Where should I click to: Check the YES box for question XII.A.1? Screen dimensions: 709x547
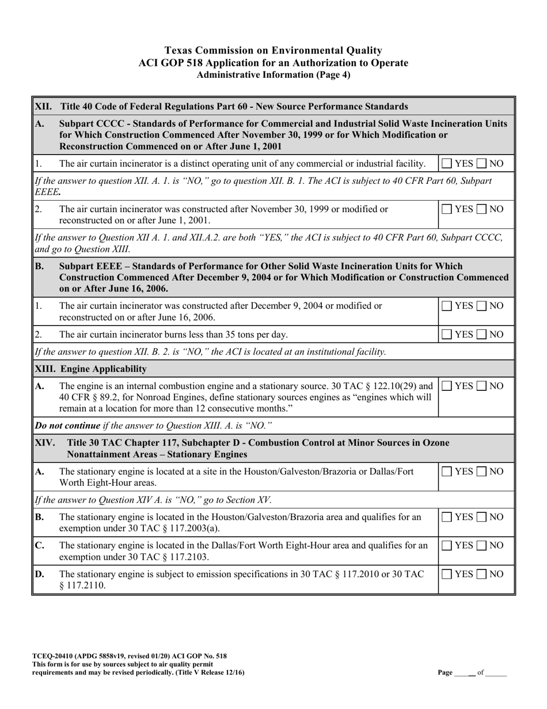click(447, 164)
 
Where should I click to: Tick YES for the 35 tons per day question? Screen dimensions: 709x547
click(447, 334)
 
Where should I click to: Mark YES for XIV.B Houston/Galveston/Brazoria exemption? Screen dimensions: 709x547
click(447, 517)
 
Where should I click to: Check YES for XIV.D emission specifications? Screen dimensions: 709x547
click(447, 574)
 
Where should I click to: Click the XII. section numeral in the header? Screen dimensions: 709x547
click(43, 107)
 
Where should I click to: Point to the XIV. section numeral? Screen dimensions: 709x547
click(45, 443)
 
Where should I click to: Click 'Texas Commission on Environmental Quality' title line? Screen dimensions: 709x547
click(273, 51)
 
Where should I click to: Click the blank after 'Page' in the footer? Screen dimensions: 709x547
click(464, 672)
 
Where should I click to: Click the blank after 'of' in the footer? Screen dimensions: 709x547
click(496, 672)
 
